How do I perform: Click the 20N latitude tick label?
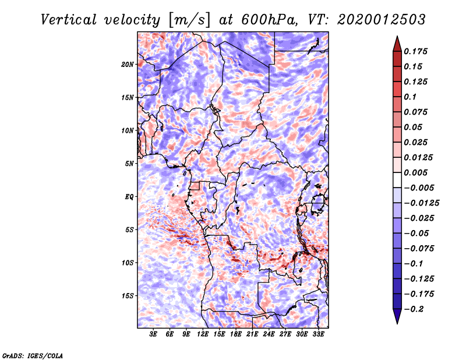click(x=128, y=64)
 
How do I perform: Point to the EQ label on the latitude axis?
click(x=129, y=197)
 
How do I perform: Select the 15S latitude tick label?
click(x=128, y=296)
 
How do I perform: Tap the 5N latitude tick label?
click(x=129, y=164)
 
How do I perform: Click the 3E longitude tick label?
click(x=154, y=334)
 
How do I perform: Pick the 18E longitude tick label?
click(x=236, y=334)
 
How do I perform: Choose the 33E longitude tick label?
click(x=319, y=334)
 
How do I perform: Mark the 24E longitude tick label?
click(x=269, y=334)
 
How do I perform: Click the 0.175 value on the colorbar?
click(x=418, y=51)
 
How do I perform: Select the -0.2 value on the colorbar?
click(x=415, y=309)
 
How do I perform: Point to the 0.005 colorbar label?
click(x=418, y=172)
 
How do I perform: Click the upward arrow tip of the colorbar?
click(x=396, y=37)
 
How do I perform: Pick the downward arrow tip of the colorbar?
click(x=396, y=322)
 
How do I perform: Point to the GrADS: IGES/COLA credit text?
click(x=32, y=354)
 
